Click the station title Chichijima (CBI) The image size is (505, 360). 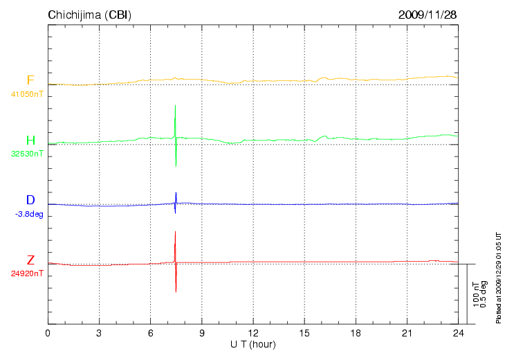[x=89, y=15]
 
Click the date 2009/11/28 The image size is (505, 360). [x=428, y=15]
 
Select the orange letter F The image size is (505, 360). [x=30, y=80]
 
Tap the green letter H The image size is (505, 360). [x=30, y=141]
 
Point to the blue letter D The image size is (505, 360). [x=30, y=201]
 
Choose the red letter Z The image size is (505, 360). [x=30, y=260]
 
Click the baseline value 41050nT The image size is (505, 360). [x=27, y=93]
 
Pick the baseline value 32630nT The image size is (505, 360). [x=27, y=154]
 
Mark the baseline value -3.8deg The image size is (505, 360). [x=29, y=214]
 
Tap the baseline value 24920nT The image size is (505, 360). [x=27, y=273]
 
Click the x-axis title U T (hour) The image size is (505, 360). [x=253, y=344]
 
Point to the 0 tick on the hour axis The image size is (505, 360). [x=48, y=333]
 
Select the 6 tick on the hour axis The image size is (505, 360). [x=150, y=333]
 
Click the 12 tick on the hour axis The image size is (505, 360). [x=252, y=333]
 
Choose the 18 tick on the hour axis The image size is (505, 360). [x=356, y=333]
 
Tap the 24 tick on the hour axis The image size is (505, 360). [x=458, y=333]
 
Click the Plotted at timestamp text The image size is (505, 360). [x=498, y=277]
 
